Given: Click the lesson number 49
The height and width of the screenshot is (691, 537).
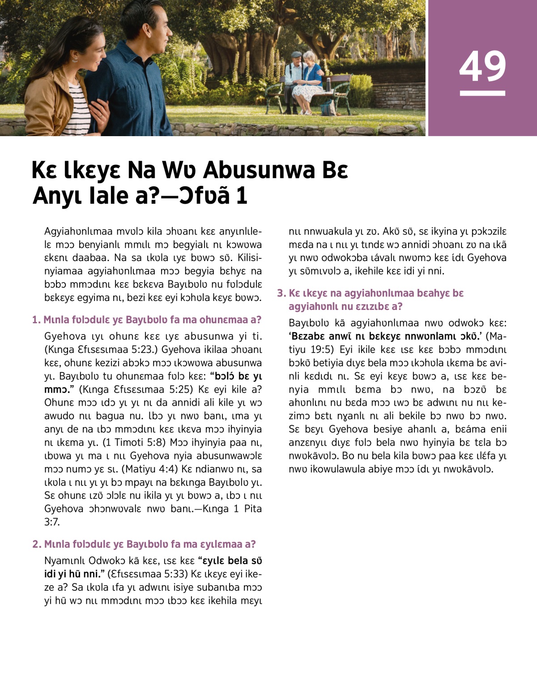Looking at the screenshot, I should click(x=482, y=66).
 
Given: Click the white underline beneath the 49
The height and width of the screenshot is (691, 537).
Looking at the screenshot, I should click(x=482, y=93).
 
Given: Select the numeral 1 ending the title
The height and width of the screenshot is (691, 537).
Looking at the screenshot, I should click(x=241, y=196).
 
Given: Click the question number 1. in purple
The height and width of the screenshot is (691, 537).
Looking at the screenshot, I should click(x=36, y=320).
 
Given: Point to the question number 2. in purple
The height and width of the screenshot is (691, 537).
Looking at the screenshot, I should click(x=37, y=544).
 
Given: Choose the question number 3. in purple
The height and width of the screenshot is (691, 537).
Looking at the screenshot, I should click(x=281, y=293).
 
